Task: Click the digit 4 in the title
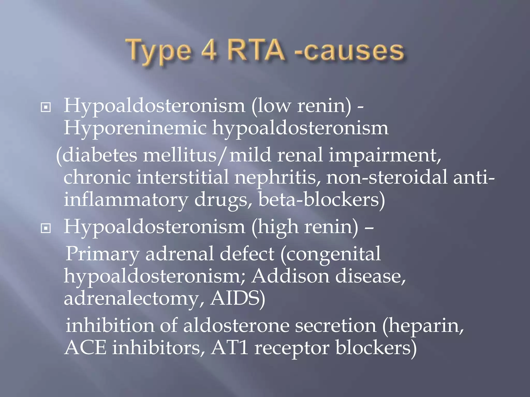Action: click(x=207, y=51)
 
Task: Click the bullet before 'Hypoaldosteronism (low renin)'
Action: click(x=46, y=108)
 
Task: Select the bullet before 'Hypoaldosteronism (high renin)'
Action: click(x=46, y=228)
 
